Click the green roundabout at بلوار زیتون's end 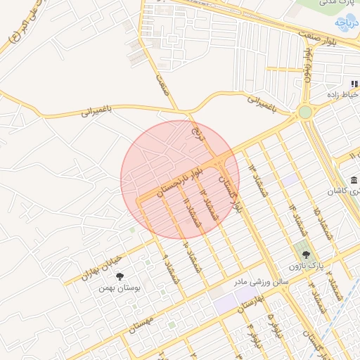point(304,112)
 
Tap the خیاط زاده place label point(343,94)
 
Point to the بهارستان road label point(251,304)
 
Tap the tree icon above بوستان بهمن point(120,276)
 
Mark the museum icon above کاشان point(353,181)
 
